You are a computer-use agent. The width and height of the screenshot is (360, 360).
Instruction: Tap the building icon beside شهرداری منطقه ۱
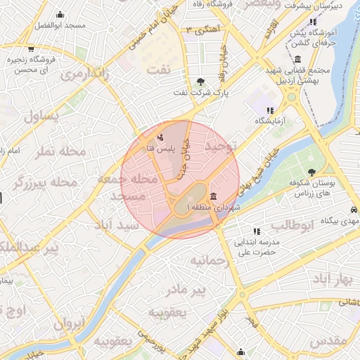[x=212, y=195]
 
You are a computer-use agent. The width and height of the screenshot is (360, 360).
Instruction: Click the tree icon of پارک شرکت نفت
[x=201, y=82]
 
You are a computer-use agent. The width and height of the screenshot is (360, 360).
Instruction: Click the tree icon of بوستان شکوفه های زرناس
[x=311, y=172]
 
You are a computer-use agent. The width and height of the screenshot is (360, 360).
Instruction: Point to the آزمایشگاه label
[x=271, y=122]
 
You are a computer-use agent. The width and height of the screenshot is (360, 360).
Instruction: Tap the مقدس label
[x=328, y=340]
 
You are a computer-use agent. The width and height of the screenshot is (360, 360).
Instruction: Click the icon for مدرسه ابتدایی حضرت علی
[x=257, y=231]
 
